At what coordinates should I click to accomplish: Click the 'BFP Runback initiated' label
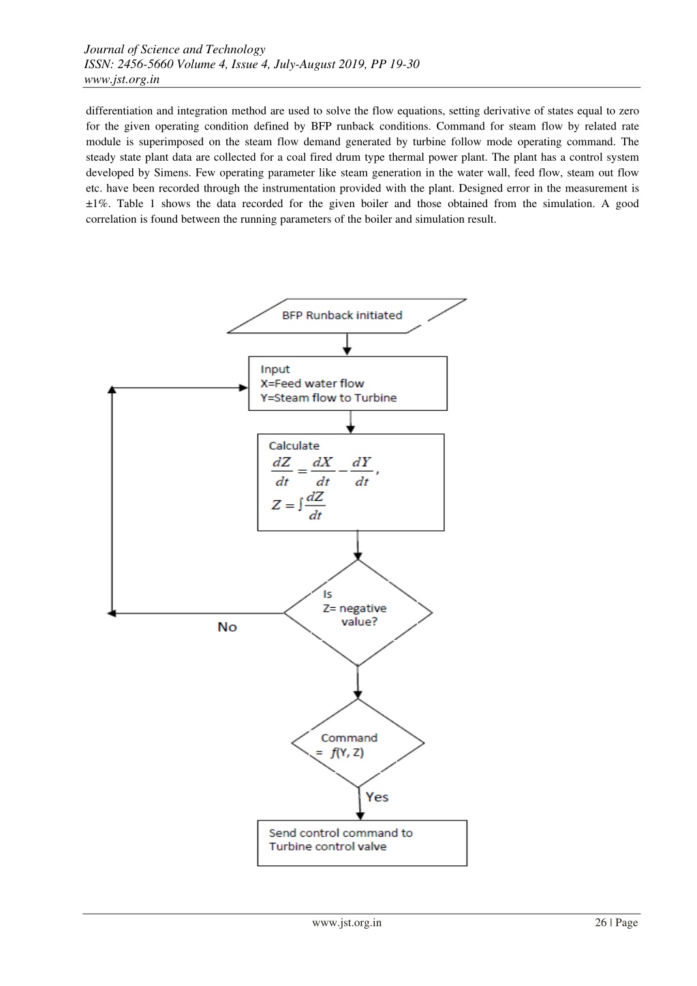[342, 315]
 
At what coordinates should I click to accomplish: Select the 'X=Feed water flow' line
[312, 384]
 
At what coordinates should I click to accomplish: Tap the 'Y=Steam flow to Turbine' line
[328, 398]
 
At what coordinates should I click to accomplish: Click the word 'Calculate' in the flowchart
[294, 446]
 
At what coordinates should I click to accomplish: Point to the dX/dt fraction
[322, 472]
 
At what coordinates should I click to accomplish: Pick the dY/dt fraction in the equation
[362, 472]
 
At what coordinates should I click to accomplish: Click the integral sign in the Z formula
[300, 504]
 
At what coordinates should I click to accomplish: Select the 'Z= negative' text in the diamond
[355, 608]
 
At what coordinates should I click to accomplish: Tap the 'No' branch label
[227, 627]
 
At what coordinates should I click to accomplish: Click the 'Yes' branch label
[377, 797]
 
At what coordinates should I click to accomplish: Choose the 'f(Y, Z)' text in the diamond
[347, 753]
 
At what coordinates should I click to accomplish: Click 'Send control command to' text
[341, 833]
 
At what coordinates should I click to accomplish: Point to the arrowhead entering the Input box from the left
[244, 388]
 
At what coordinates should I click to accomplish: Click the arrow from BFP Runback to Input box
[347, 344]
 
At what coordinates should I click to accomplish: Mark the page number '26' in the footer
[601, 922]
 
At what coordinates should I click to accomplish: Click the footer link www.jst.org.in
[347, 923]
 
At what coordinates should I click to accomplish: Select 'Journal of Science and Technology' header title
[174, 49]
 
